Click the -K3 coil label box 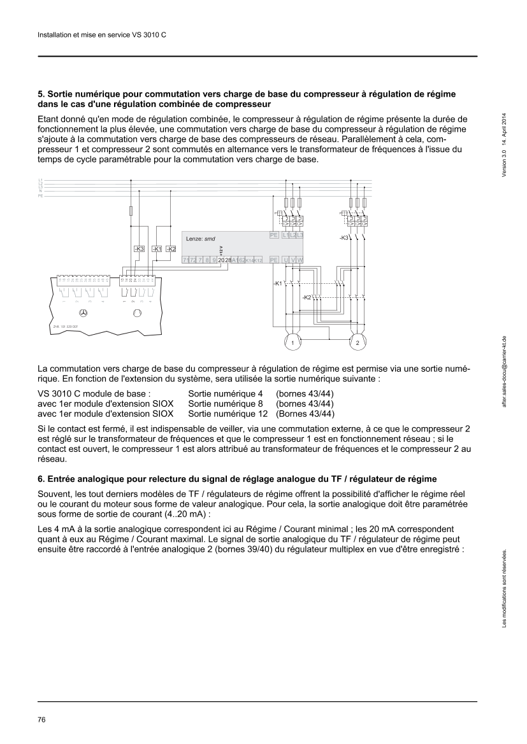click(x=140, y=249)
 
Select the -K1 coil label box click(x=157, y=249)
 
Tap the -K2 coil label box click(x=171, y=249)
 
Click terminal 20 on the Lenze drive click(x=221, y=260)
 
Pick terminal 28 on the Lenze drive click(x=228, y=260)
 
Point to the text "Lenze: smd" click(x=200, y=239)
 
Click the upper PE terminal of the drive click(x=274, y=235)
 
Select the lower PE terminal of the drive click(x=274, y=260)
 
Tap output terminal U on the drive click(x=285, y=260)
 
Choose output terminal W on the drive click(x=300, y=260)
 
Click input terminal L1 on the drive click(x=285, y=235)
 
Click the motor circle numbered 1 click(x=292, y=342)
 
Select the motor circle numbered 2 click(x=357, y=342)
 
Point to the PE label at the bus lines click(x=41, y=196)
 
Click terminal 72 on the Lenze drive click(x=192, y=260)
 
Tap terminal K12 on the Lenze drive click(x=258, y=260)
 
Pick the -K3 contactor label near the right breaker click(x=344, y=237)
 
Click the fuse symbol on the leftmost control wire click(x=131, y=211)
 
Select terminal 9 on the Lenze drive click(x=214, y=260)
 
